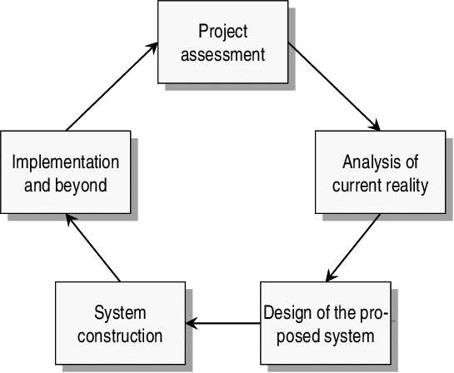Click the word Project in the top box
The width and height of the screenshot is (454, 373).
pyautogui.click(x=222, y=32)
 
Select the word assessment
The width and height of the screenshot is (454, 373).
pyautogui.click(x=222, y=54)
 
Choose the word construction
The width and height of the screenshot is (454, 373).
pyautogui.click(x=120, y=336)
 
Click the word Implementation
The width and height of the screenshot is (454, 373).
pyautogui.click(x=66, y=163)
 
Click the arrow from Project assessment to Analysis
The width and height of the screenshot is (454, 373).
pyautogui.click(x=334, y=87)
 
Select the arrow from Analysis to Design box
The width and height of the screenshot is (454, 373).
pyautogui.click(x=353, y=248)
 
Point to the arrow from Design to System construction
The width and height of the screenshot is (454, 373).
pyautogui.click(x=223, y=323)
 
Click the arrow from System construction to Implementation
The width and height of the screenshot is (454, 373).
pyautogui.click(x=93, y=248)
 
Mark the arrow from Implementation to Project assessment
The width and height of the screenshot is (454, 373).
pyautogui.click(x=112, y=87)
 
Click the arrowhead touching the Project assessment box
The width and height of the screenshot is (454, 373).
pyautogui.click(x=152, y=47)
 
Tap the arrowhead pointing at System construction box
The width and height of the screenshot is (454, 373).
pyautogui.click(x=191, y=323)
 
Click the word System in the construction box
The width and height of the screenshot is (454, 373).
pyautogui.click(x=120, y=314)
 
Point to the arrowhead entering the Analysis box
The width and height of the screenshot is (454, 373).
pyautogui.click(x=375, y=126)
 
